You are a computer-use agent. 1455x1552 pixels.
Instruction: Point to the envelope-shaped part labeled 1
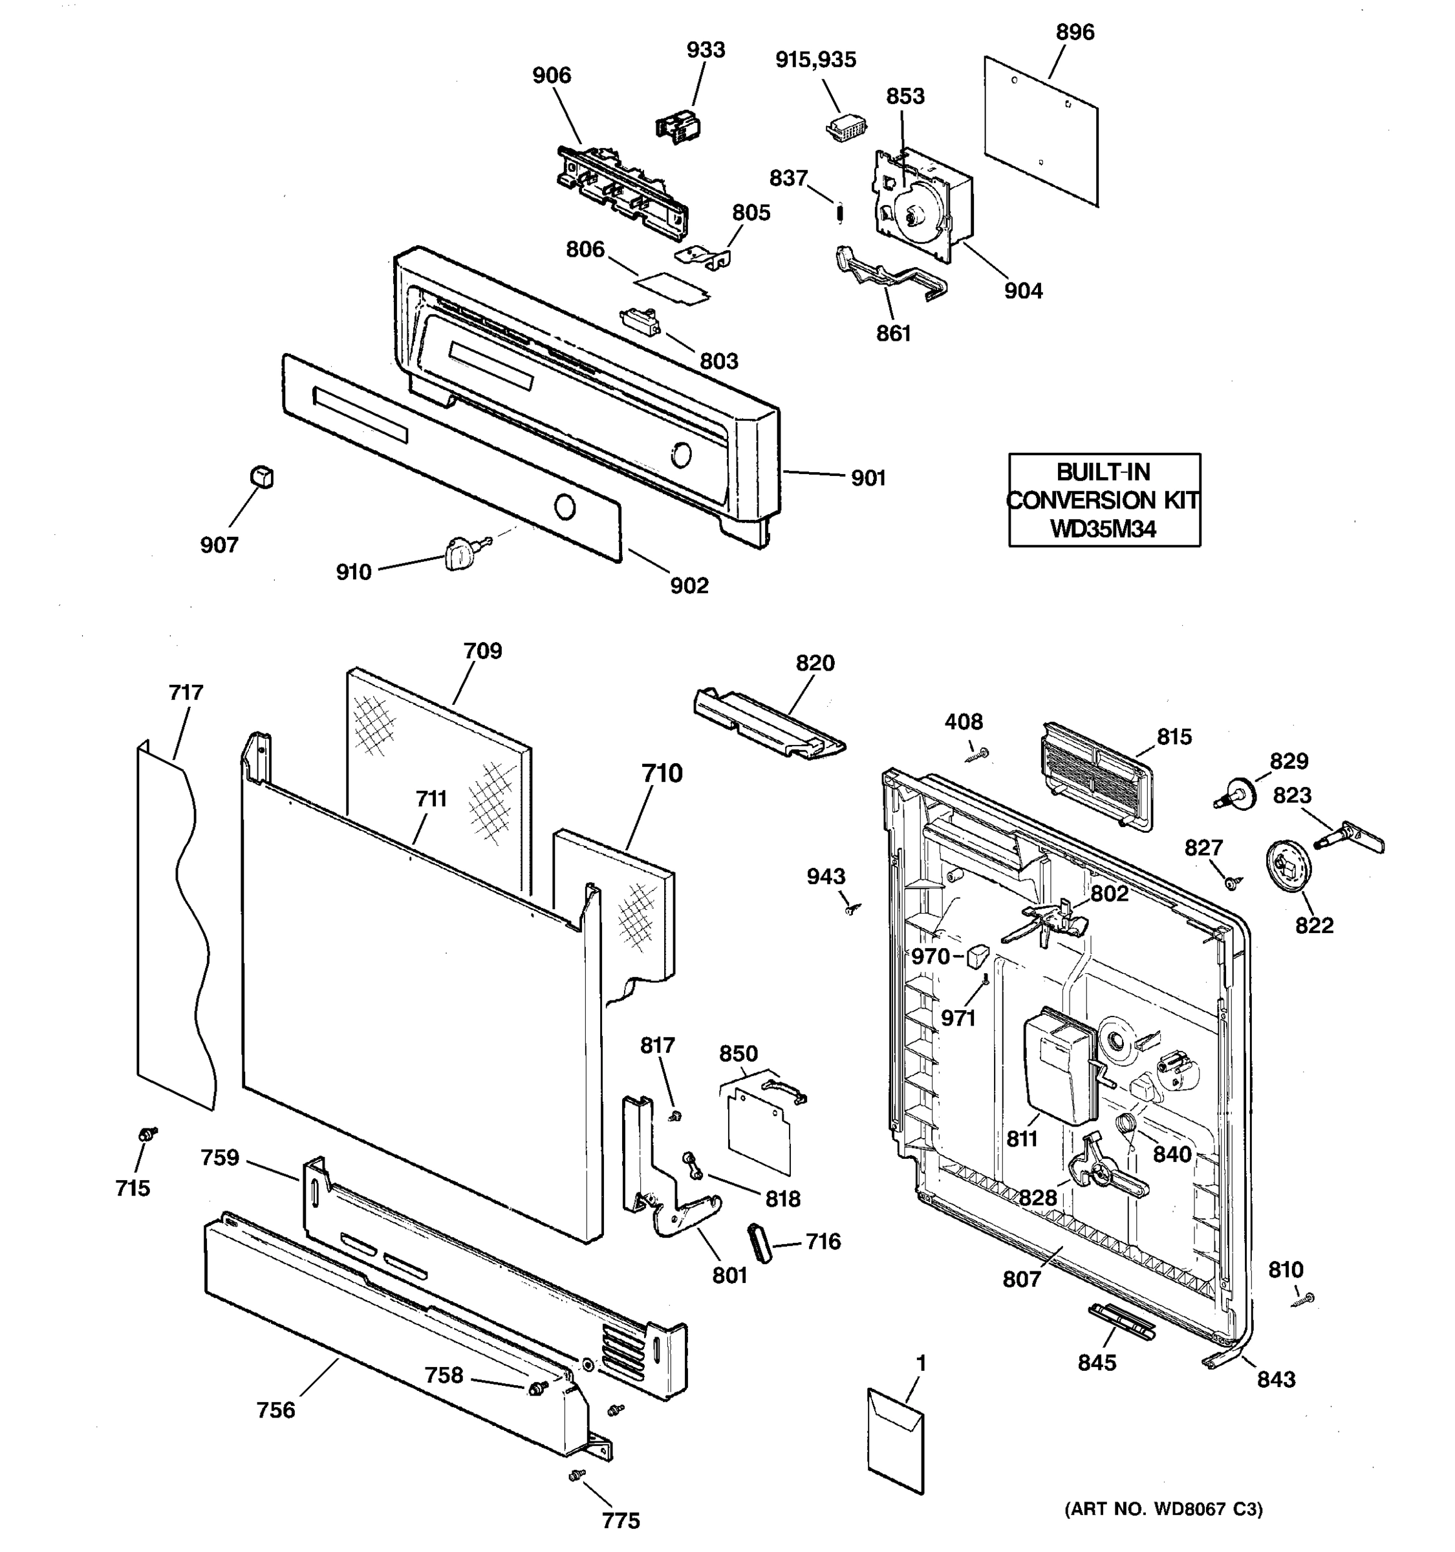click(x=896, y=1450)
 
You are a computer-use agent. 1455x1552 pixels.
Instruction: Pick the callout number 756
click(x=275, y=1410)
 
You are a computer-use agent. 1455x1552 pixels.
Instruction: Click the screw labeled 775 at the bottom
click(x=577, y=1474)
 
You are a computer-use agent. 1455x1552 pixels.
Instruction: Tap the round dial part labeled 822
click(x=1288, y=866)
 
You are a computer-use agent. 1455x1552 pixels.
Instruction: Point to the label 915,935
click(x=815, y=59)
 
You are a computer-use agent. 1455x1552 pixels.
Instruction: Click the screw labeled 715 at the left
click(x=146, y=1134)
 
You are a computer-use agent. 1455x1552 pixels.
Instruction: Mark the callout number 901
click(x=867, y=478)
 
